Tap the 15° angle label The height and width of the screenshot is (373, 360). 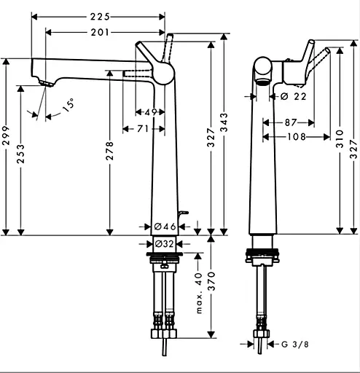(x=67, y=104)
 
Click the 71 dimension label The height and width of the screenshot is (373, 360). (x=144, y=129)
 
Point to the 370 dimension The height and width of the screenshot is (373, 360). (x=212, y=289)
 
